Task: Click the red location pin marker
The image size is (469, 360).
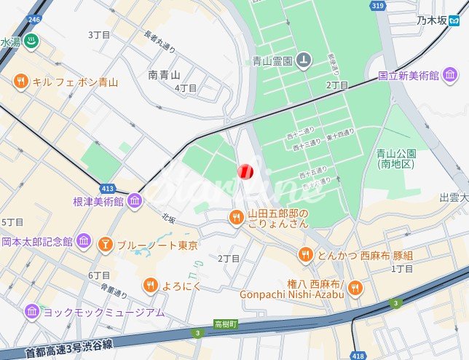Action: pyautogui.click(x=245, y=171)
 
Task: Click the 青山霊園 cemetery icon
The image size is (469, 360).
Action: pyautogui.click(x=304, y=60)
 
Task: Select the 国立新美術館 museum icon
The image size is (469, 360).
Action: pyautogui.click(x=450, y=75)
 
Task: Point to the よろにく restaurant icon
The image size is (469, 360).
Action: pyautogui.click(x=150, y=285)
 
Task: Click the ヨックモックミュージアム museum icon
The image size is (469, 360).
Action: pyautogui.click(x=32, y=312)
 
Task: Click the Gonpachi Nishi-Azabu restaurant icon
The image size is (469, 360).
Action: pyautogui.click(x=355, y=287)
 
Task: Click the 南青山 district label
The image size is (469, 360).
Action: pyautogui.click(x=164, y=74)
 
